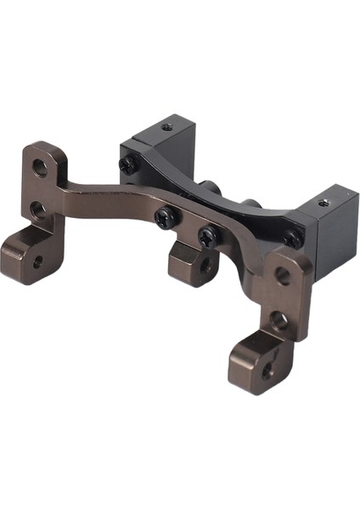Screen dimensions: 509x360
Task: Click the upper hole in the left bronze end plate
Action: pos(40,166)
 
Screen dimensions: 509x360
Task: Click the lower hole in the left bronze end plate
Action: pos(37,209)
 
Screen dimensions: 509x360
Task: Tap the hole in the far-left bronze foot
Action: pos(37,261)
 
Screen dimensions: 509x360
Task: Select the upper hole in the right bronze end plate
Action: pos(283,276)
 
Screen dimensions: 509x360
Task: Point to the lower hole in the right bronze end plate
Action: pos(278,321)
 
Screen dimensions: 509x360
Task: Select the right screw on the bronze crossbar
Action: pos(205,235)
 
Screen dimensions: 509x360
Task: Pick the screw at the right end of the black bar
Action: pos(290,239)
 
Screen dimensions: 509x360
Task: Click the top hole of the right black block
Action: pos(323,204)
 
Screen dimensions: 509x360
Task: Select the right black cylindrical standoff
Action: pos(250,206)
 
